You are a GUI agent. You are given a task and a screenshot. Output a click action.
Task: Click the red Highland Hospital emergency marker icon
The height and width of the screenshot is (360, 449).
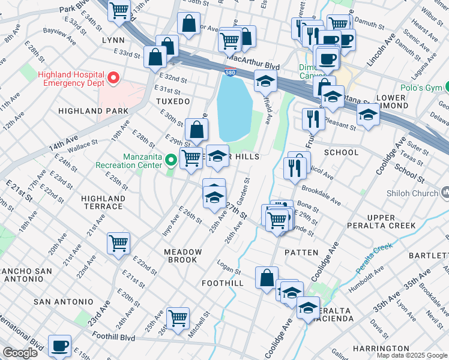pyautogui.click(x=112, y=79)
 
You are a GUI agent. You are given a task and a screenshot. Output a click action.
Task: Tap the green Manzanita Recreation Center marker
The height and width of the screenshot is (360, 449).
pyautogui.click(x=171, y=160)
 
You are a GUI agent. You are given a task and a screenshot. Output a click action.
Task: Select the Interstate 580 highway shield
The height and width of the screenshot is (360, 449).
pyautogui.click(x=230, y=73)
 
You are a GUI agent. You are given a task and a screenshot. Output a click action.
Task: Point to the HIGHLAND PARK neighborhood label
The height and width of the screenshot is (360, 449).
pyautogui.click(x=93, y=111)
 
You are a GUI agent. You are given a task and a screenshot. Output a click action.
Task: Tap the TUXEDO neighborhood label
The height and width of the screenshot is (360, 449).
pyautogui.click(x=173, y=101)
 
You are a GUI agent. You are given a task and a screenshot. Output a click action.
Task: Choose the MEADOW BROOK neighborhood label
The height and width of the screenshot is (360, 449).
pyautogui.click(x=181, y=256)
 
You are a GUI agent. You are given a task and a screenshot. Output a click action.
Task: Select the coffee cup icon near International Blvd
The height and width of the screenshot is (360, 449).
pyautogui.click(x=59, y=346)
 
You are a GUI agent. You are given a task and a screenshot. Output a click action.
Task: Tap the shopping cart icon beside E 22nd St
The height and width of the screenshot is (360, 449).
pyautogui.click(x=119, y=243)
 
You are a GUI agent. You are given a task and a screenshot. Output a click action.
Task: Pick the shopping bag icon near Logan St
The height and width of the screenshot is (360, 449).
pyautogui.click(x=267, y=278)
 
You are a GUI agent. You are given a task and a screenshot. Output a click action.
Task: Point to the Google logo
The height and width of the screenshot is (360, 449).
pyautogui.click(x=20, y=353)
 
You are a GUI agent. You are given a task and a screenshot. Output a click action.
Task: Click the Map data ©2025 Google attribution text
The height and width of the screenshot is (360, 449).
pyautogui.click(x=411, y=355)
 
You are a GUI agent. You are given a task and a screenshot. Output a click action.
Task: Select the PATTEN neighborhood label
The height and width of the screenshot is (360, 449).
pyautogui.click(x=301, y=253)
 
